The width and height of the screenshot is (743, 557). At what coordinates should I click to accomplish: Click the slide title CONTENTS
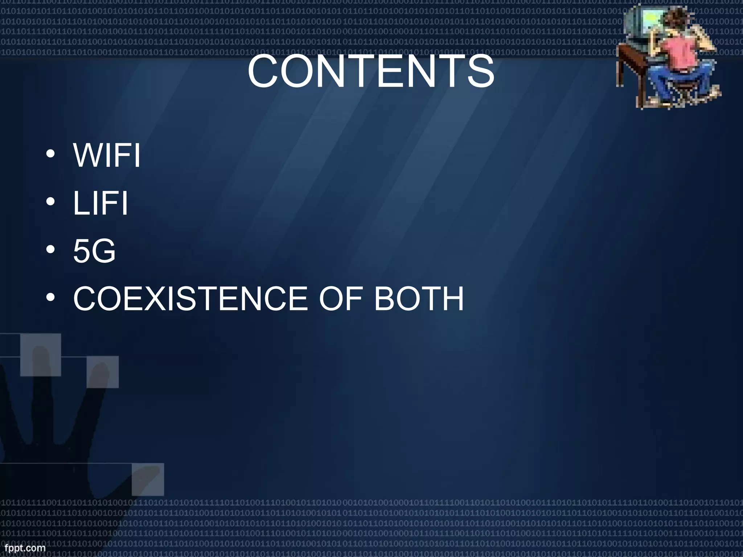point(371,71)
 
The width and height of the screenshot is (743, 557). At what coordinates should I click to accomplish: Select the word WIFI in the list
point(107,156)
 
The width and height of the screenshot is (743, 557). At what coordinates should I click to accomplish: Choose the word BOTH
point(419,299)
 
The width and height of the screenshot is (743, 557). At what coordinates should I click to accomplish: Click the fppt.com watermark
point(22,548)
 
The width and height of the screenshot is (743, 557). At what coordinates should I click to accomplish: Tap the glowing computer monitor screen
point(649,22)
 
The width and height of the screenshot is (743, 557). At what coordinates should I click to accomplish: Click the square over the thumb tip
point(148,479)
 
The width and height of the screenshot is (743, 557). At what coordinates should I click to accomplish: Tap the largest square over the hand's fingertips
point(40,355)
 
